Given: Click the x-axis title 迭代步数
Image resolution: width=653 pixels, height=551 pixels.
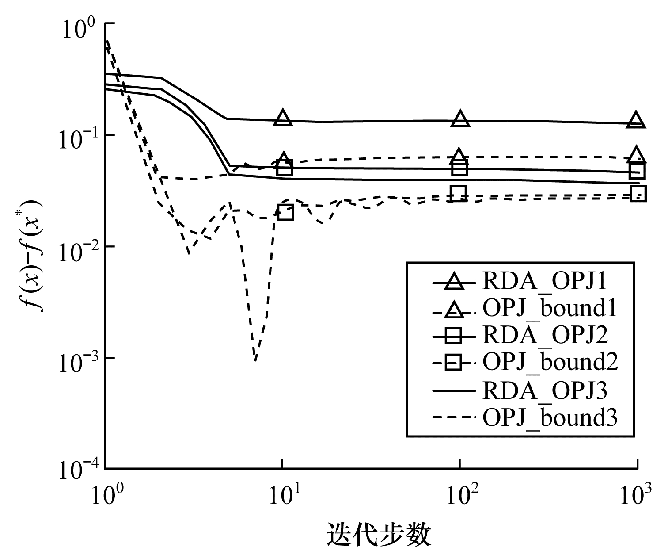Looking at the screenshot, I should [379, 535].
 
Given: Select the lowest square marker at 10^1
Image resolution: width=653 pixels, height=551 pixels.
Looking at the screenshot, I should [285, 213].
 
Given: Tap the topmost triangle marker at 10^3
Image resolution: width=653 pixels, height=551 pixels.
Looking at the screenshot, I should [636, 120].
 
